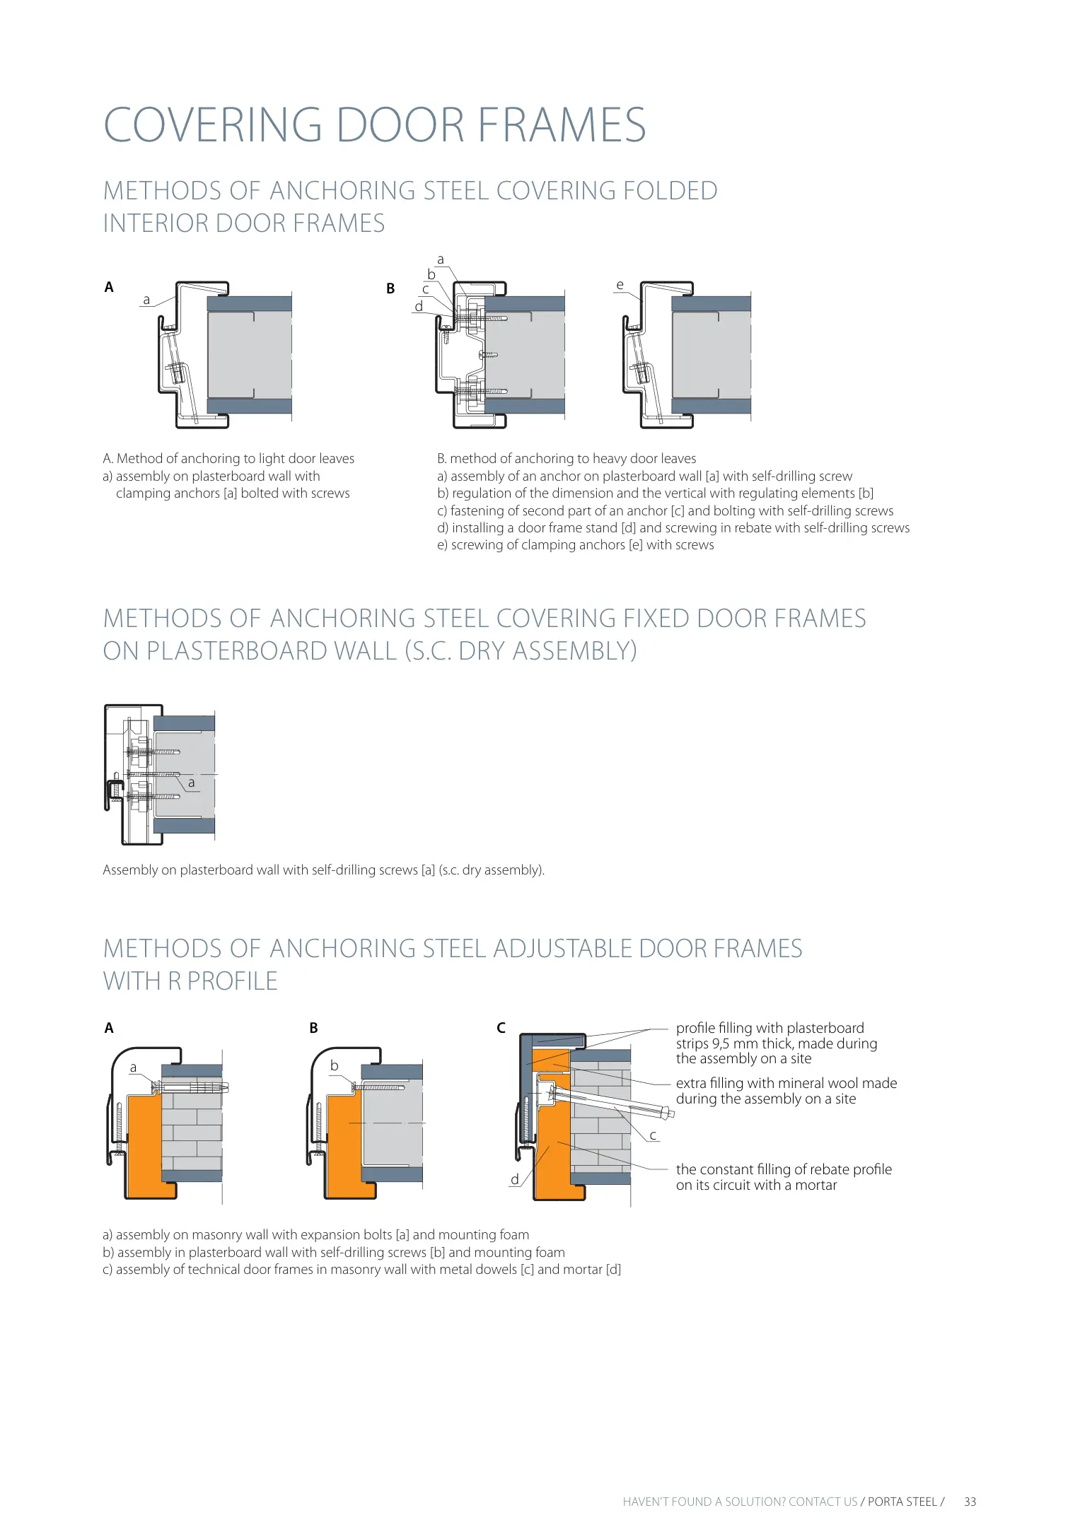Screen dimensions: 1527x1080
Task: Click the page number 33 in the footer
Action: [970, 1502]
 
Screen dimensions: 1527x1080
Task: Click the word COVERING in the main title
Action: [213, 125]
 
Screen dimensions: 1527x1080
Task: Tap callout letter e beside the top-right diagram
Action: [620, 285]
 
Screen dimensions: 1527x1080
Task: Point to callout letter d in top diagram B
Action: [419, 306]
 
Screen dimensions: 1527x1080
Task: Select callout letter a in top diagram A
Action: [146, 300]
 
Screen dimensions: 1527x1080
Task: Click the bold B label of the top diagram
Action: [390, 288]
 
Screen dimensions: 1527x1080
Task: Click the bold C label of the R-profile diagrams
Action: [501, 1028]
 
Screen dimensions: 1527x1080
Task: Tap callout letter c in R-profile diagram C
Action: [653, 1135]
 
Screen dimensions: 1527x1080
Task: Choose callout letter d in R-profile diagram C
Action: [515, 1179]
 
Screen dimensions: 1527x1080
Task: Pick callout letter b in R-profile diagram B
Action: [335, 1065]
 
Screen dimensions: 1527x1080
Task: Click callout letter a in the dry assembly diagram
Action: [191, 783]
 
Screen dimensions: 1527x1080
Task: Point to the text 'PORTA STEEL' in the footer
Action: [902, 1502]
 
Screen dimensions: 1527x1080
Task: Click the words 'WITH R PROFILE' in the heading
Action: [190, 981]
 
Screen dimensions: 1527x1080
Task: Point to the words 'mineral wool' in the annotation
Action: [779, 1083]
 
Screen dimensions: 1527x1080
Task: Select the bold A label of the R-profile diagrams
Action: [109, 1028]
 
